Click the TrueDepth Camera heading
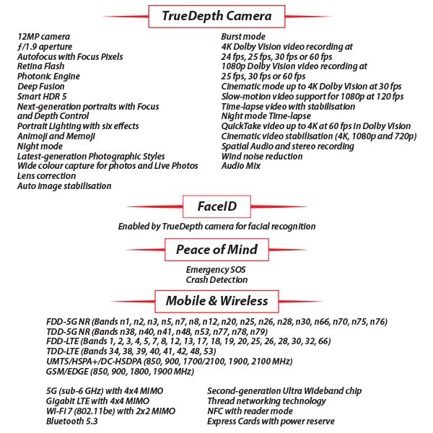pos(216,15)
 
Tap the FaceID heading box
pos(216,206)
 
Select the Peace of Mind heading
pos(216,250)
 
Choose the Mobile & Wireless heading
pos(216,300)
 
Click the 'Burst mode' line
pos(243,36)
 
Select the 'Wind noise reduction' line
pos(262,156)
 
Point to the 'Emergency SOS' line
pos(216,269)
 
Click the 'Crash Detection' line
pos(216,279)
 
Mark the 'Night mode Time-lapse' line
pos(266,115)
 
